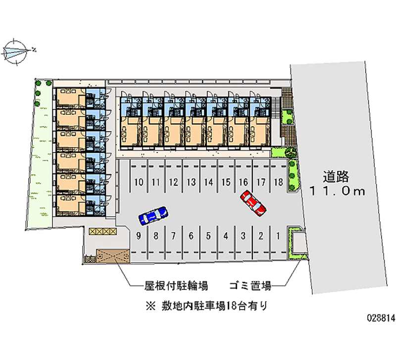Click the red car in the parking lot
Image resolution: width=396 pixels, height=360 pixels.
pos(253,204)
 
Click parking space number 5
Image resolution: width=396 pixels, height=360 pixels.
pos(208,236)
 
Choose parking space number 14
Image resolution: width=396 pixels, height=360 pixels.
pos(208,182)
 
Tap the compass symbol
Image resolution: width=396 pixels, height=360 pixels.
pos(16,50)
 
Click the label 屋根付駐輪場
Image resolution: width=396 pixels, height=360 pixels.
pos(176,286)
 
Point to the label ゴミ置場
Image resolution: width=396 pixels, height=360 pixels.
pos(250,286)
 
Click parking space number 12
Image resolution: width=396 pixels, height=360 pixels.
pos(173,182)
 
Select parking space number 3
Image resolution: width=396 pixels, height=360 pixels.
pos(243,236)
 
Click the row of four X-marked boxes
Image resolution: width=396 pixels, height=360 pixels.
pos(102,231)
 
